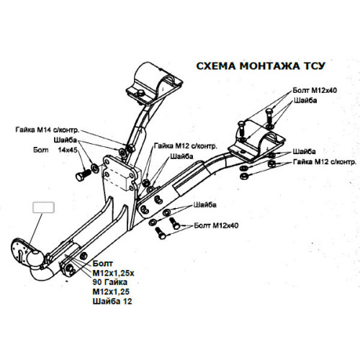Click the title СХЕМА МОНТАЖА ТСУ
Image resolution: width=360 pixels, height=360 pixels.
[x=261, y=66]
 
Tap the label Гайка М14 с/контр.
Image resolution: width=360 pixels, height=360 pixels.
[x=48, y=130]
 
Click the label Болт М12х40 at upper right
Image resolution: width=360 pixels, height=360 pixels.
[x=315, y=91]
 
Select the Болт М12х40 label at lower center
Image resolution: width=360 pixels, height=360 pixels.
[x=216, y=225]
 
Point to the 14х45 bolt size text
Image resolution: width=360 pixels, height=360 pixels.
[x=68, y=150]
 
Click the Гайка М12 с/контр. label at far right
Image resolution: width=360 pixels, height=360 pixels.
[x=325, y=162]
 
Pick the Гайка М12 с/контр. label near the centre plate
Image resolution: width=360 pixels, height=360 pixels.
[x=186, y=146]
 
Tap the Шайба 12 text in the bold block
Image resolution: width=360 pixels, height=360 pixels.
[x=112, y=301]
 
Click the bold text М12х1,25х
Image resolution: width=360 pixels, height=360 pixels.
[x=113, y=273]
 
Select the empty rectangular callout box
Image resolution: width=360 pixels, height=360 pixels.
[x=43, y=207]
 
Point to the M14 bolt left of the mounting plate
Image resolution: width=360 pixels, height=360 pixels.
[x=84, y=175]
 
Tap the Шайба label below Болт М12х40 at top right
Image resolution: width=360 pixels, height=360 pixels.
[x=305, y=100]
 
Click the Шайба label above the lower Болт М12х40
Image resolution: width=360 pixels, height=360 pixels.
[x=205, y=205]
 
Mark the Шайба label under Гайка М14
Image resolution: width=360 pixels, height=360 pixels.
[x=66, y=140]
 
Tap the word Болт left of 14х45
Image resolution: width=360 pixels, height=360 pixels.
[x=41, y=150]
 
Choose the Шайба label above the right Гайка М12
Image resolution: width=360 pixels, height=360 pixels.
[x=304, y=152]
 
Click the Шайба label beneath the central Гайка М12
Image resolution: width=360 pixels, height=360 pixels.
[x=181, y=156]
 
